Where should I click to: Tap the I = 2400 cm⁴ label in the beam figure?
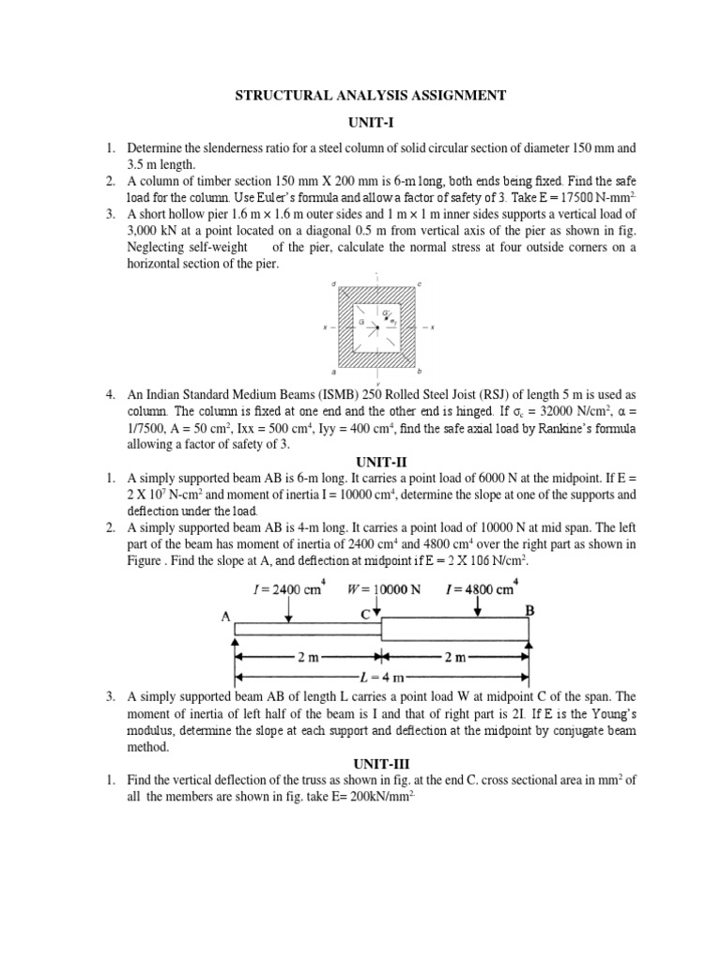click(x=289, y=590)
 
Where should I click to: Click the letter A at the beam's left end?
click(x=226, y=618)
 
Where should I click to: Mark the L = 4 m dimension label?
click(x=381, y=676)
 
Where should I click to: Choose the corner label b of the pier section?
click(x=419, y=371)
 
